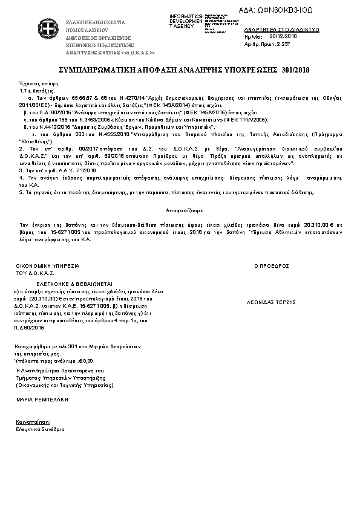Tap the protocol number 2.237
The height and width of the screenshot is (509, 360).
point(281,44)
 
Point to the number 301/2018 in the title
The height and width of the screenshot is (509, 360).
point(296,71)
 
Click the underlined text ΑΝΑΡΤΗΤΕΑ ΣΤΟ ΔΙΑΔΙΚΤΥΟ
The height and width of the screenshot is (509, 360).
point(273,30)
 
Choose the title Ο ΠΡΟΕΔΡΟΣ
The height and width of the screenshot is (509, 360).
point(271,265)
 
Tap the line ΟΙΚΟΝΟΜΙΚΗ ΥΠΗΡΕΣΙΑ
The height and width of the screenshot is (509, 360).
point(48,265)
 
